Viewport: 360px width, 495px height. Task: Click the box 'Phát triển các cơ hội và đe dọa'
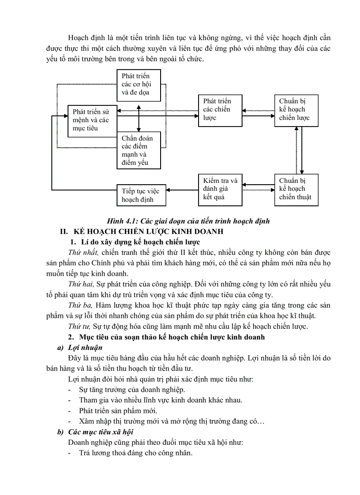point(139,85)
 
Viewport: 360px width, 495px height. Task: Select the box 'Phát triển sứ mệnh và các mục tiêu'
point(92,120)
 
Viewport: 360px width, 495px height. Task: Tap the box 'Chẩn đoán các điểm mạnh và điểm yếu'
point(139,151)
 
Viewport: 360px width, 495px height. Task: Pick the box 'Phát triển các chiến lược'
point(220,110)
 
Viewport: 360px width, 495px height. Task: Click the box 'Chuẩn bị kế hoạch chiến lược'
point(296,110)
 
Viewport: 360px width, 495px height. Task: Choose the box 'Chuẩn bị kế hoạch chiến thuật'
point(296,189)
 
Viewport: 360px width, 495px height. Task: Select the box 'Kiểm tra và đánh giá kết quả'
point(220,189)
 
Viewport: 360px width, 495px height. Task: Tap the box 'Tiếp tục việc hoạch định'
point(141,195)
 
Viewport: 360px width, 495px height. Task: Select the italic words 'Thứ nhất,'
point(83,252)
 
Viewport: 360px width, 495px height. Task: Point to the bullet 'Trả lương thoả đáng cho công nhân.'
point(135,453)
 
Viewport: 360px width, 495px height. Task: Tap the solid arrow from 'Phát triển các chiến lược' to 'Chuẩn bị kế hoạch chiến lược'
point(258,117)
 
